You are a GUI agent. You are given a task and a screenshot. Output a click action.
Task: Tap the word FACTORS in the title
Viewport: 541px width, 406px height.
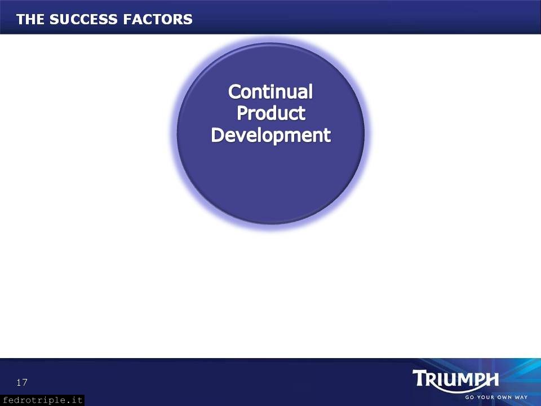pyautogui.click(x=158, y=19)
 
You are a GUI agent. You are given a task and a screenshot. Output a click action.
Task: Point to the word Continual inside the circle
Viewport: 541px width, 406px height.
pyautogui.click(x=270, y=92)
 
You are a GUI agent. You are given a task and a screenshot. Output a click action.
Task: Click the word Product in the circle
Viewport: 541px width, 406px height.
pyautogui.click(x=271, y=113)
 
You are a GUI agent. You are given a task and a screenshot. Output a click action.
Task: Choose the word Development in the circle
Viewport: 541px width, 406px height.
pyautogui.click(x=271, y=135)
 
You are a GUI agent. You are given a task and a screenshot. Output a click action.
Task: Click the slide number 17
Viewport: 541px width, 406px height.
pyautogui.click(x=22, y=382)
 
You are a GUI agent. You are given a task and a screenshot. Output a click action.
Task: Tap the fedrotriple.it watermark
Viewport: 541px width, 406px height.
pyautogui.click(x=42, y=400)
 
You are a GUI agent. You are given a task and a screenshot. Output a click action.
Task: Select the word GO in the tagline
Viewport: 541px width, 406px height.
pyautogui.click(x=469, y=398)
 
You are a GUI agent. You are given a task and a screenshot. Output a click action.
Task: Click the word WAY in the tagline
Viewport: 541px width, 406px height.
pyautogui.click(x=521, y=398)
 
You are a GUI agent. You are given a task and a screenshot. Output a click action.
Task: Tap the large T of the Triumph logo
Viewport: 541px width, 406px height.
pyautogui.click(x=420, y=378)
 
